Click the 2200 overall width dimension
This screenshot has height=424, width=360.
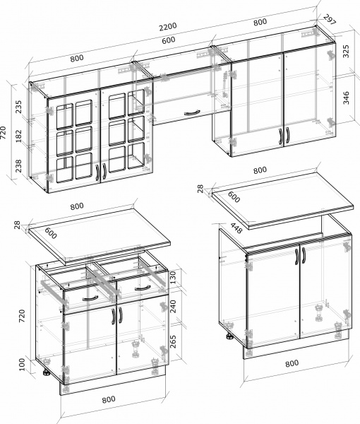coord(168,27)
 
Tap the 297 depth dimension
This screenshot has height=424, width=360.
coord(330,20)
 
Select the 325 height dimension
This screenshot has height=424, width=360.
coord(346,51)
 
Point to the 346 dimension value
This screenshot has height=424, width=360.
coord(346,98)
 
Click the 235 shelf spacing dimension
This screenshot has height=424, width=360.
coord(18,107)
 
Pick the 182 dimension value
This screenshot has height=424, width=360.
coord(18,136)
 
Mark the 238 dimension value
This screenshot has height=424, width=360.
coord(18,165)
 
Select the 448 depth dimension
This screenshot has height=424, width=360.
coord(236,228)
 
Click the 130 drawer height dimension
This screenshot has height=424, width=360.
coord(172,277)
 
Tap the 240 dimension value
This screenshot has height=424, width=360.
coord(172,306)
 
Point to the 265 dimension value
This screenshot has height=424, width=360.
coord(172,341)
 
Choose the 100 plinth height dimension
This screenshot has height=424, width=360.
coord(22,365)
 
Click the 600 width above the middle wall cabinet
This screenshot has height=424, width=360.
coord(169,40)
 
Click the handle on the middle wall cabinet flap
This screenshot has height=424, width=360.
coord(192,112)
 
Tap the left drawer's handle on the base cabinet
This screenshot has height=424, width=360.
coord(90,298)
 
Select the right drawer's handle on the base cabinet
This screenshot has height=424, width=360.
coord(143,288)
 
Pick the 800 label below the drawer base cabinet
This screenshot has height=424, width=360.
coord(109,399)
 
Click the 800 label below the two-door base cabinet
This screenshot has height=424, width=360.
coord(292,363)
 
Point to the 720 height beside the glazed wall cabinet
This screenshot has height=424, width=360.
coord(4,133)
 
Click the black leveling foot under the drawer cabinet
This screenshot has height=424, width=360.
coord(46,372)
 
